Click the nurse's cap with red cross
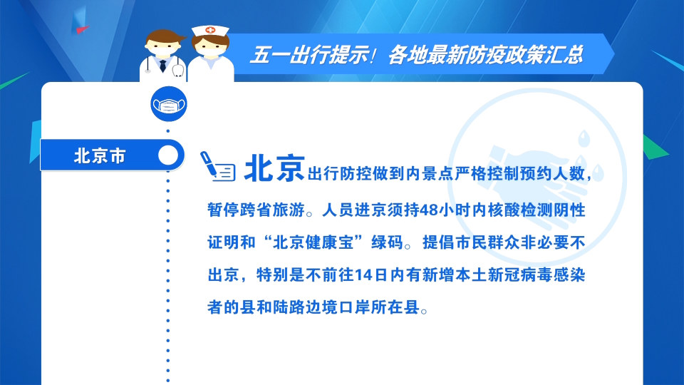pyautogui.click(x=210, y=31)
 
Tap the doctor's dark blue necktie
pyautogui.click(x=162, y=66)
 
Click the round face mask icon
pyautogui.click(x=169, y=104)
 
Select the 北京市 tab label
pyautogui.click(x=100, y=155)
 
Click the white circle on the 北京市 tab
pyautogui.click(x=168, y=155)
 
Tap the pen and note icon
pyautogui.click(x=217, y=166)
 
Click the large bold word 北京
pyautogui.click(x=274, y=168)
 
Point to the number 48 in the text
pyautogui.click(x=428, y=210)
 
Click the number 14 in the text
pyautogui.click(x=363, y=275)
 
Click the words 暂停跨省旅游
pyautogui.click(x=256, y=210)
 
